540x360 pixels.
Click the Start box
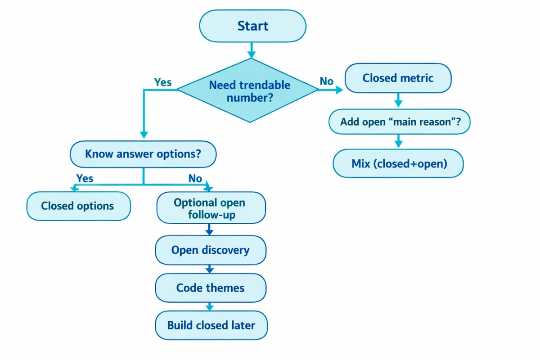click(x=252, y=26)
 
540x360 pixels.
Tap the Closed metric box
click(x=398, y=78)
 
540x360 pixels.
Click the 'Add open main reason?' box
click(x=400, y=121)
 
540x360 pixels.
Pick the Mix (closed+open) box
click(x=398, y=163)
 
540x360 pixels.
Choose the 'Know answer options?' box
click(x=143, y=154)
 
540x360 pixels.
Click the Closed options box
click(x=78, y=206)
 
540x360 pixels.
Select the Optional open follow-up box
click(x=211, y=209)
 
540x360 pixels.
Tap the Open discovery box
click(x=211, y=250)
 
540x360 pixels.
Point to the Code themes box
click(x=211, y=288)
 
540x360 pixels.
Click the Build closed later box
click(x=211, y=325)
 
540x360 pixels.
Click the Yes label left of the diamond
click(x=162, y=82)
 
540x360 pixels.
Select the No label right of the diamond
click(x=327, y=81)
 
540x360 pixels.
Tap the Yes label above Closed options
click(x=85, y=178)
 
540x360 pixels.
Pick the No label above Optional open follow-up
click(x=195, y=178)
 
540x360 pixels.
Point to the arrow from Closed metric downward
click(x=398, y=99)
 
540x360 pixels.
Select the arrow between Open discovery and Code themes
click(x=209, y=269)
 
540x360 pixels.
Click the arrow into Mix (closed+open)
click(x=398, y=141)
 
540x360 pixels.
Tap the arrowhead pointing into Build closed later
click(x=209, y=307)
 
